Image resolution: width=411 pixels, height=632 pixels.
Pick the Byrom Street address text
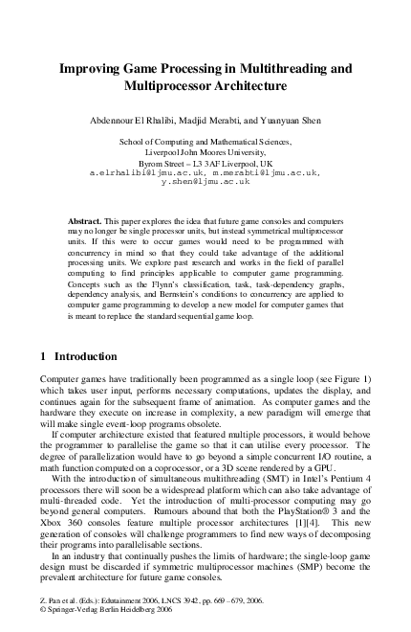pos(205,161)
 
